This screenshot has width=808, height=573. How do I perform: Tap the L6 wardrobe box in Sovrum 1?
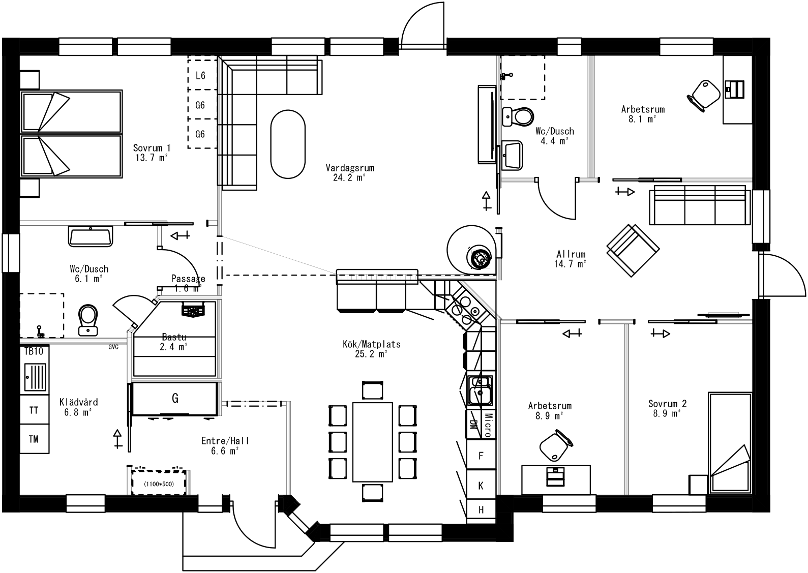pos(200,76)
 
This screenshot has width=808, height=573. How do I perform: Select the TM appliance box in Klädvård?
pos(34,439)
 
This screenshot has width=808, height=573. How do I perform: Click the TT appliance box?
pos(34,410)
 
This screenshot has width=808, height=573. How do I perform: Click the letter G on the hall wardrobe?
pos(175,398)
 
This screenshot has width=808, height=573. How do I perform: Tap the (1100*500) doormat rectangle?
pos(158,484)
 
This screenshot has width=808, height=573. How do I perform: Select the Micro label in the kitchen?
pos(487,425)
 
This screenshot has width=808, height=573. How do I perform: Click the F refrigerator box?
pos(481,456)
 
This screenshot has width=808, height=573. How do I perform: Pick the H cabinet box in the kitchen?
pos(481,510)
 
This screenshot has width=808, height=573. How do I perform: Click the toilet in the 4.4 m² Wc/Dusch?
pos(518,116)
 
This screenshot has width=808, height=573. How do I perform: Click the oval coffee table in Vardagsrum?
pos(288,144)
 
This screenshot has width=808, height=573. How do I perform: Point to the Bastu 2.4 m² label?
pos(174,342)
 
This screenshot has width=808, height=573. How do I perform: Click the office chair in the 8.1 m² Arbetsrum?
pos(704,94)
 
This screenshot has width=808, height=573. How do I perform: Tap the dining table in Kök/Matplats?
pos(373,442)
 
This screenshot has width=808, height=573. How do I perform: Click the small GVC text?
pos(113,347)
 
